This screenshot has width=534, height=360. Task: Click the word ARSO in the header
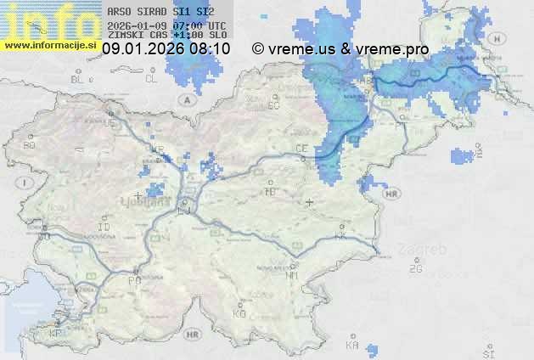pyautogui.click(x=119, y=12)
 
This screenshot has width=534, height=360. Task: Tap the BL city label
pyautogui.click(x=80, y=79)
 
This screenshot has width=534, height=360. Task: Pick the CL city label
pyautogui.click(x=151, y=79)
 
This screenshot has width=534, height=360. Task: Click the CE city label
pyautogui.click(x=301, y=149)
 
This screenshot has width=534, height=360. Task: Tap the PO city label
pyautogui.click(x=133, y=279)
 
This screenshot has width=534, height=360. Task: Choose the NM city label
pyautogui.click(x=293, y=276)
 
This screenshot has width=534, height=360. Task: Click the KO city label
pyautogui.click(x=239, y=313)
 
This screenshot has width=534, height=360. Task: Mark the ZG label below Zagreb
pyautogui.click(x=415, y=269)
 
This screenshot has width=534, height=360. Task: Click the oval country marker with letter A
pyautogui.click(x=186, y=98)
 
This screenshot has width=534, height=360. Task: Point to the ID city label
pyautogui.click(x=104, y=228)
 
